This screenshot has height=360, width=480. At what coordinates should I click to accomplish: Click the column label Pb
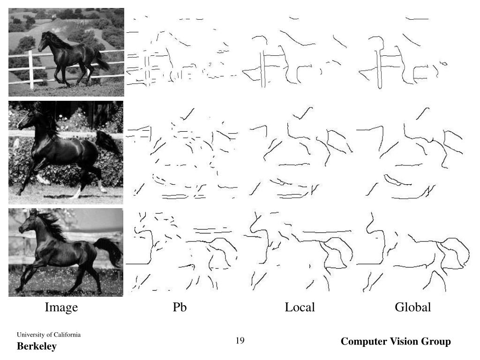pos(180,307)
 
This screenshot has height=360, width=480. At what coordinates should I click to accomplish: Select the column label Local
pos(300,307)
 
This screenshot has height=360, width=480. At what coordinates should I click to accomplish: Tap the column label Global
pos(412,307)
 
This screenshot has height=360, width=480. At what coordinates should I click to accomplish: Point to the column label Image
pos(61,307)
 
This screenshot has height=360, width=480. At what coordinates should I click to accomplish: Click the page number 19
pos(240,340)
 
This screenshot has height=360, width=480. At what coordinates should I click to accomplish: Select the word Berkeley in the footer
pos(37,346)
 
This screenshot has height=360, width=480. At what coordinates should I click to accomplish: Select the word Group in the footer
pos(438,342)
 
